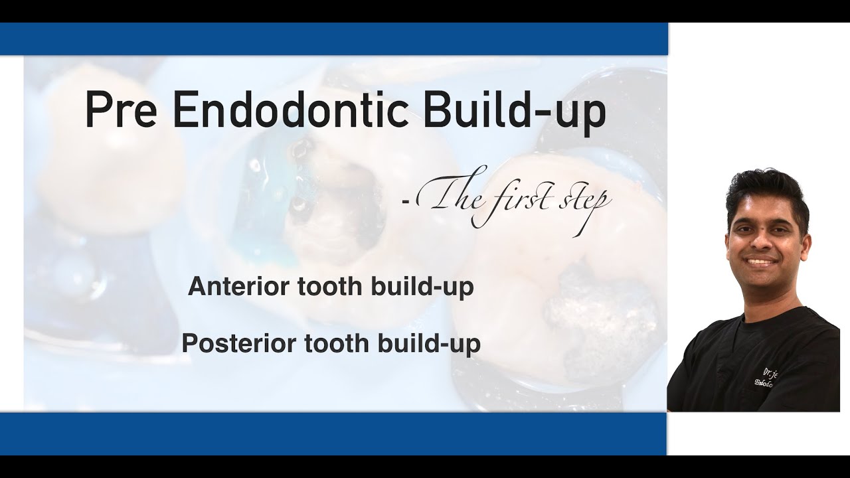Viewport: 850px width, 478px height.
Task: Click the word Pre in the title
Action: [x=120, y=111]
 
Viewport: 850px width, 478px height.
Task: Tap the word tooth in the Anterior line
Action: [x=324, y=287]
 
